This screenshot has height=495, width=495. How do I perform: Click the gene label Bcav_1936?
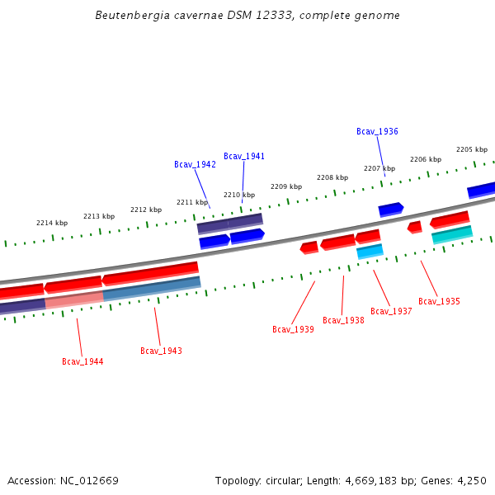point(377,132)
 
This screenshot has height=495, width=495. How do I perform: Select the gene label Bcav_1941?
point(244,156)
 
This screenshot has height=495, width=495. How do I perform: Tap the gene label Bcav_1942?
point(195,164)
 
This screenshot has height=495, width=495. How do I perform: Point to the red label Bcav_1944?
point(82,361)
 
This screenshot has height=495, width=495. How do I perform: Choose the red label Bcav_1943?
point(161,351)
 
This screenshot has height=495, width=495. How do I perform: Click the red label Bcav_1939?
point(293,329)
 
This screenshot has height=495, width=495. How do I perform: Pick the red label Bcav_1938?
point(343,320)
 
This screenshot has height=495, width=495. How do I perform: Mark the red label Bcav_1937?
point(391,311)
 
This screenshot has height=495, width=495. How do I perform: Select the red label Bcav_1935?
point(439,301)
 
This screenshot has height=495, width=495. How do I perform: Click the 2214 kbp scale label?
point(52,223)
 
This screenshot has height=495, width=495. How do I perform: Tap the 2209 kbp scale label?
point(286,186)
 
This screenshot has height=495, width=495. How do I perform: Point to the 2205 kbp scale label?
point(472,149)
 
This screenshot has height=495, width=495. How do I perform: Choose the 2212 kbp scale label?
point(145,210)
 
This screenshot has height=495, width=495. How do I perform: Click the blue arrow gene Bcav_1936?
point(390,209)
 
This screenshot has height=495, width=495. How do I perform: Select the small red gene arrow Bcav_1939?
point(309,247)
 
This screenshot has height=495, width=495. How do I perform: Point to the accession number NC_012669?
point(89,480)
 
